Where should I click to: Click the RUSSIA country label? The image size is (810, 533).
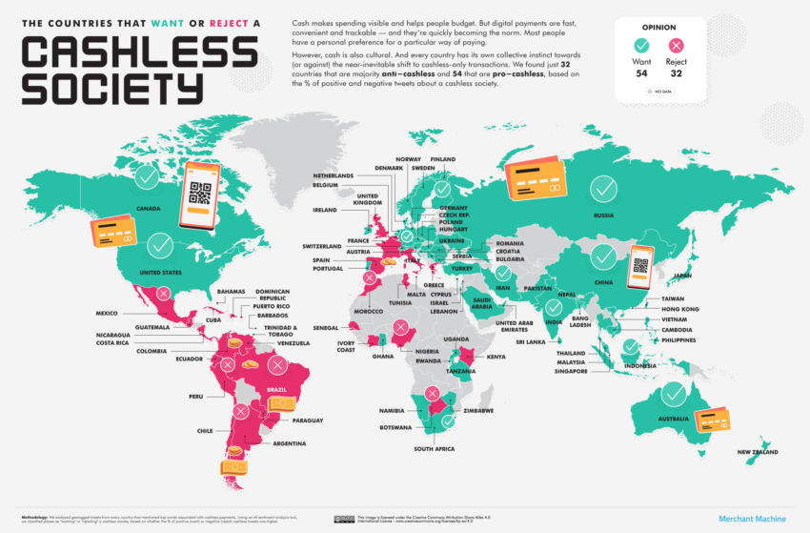coord(602,215)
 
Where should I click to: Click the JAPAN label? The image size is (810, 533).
coord(681,276)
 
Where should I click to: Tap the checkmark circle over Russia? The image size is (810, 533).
coord(602,189)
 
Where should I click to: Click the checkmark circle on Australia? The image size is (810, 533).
coord(674,393)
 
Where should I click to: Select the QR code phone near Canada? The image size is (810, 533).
coord(201,195)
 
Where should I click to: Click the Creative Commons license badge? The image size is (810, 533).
coord(344,519)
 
